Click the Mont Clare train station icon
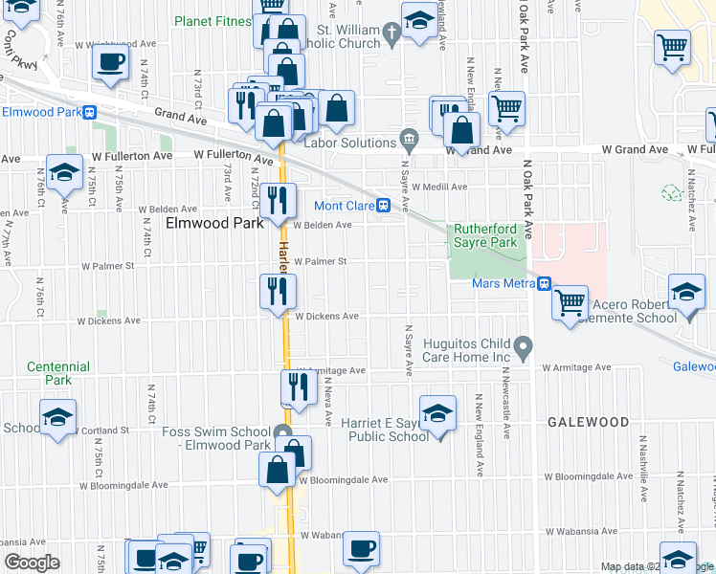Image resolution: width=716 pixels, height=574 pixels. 382,205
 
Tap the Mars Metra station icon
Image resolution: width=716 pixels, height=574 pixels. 544,283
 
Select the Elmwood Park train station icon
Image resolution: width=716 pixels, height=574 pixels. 90,112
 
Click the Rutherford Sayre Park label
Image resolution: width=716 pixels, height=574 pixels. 485,235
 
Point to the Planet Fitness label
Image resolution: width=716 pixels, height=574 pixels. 213,20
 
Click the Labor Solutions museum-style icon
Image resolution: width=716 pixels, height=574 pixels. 411,139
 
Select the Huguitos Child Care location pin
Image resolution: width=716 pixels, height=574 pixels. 523,344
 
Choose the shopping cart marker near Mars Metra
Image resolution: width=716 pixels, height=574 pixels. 571,301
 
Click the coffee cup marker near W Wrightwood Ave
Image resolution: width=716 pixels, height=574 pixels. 110,63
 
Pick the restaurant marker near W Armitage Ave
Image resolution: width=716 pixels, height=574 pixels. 299,386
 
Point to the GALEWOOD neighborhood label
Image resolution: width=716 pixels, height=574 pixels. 588,422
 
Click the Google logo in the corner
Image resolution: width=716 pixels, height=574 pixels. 32,563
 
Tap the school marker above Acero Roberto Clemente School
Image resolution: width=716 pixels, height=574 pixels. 685,293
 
